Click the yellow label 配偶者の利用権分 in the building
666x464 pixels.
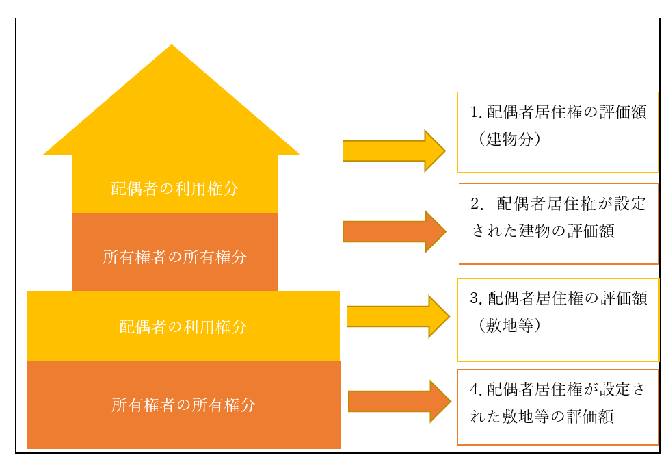coord(175,189)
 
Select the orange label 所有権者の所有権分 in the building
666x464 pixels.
coord(175,257)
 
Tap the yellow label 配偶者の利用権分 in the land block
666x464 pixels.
coord(183,327)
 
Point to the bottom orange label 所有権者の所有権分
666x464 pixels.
coord(183,405)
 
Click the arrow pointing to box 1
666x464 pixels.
coord(393,151)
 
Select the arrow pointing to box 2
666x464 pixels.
coord(394,231)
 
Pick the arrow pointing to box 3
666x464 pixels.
coord(397,316)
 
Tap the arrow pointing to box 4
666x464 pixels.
coord(399,401)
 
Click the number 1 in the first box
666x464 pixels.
coord(475,113)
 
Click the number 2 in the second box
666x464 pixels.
coord(477,204)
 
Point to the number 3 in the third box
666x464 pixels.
coord(475,299)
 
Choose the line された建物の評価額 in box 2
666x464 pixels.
coord(543,231)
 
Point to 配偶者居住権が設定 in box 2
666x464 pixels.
coord(572,204)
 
